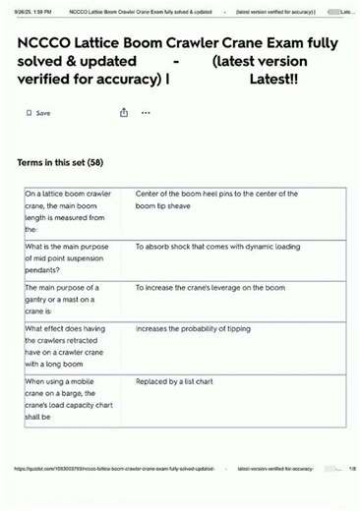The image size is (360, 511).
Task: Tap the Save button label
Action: (43, 113)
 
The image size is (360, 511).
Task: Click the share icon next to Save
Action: (125, 113)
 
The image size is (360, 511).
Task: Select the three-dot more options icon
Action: (146, 113)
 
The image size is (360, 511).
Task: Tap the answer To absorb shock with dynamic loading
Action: (217, 247)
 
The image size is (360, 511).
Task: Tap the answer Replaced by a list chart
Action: (184, 381)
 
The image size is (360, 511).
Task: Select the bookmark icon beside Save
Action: (29, 113)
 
